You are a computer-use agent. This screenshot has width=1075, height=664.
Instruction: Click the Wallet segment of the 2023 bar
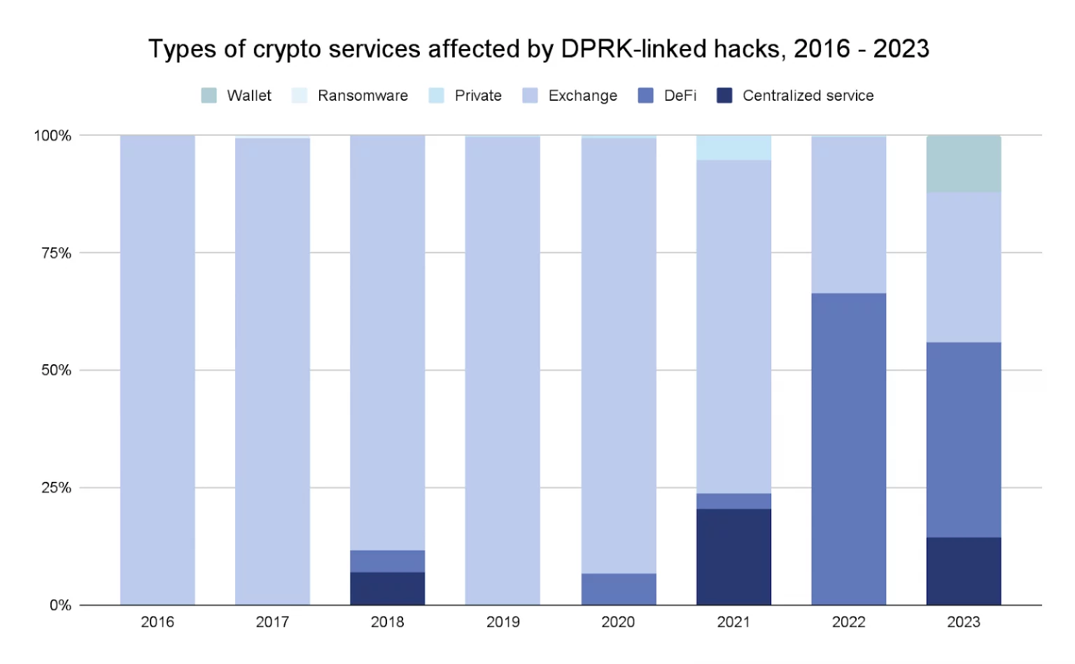pos(964,164)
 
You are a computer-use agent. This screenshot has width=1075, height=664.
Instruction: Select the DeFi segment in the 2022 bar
pos(848,448)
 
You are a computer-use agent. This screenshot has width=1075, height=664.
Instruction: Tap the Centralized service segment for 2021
pos(733,557)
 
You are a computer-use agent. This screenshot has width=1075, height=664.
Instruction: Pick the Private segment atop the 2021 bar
pos(733,148)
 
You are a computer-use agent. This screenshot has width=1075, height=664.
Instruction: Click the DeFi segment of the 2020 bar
pos(619,589)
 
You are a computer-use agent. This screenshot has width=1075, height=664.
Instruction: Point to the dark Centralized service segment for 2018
pos(387,588)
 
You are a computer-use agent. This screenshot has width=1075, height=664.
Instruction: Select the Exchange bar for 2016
pos(157,370)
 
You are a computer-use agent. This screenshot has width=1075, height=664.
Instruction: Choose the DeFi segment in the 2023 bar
pos(964,440)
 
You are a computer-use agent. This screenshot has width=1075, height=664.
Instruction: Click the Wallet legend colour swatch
pos(209,95)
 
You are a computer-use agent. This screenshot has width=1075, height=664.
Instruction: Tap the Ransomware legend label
pos(363,95)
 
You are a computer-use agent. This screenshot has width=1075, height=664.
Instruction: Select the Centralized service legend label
pos(808,95)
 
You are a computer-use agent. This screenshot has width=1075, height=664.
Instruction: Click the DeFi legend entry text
pos(680,95)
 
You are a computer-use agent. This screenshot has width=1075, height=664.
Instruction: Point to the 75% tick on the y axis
pos(56,253)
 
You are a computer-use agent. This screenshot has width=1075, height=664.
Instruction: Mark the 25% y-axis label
pos(56,487)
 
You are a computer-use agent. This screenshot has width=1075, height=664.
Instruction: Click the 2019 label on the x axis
pos(503,622)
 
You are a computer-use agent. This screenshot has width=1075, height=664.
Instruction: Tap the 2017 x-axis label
pos(272,622)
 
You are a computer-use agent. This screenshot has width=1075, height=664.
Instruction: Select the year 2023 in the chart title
pos(901,49)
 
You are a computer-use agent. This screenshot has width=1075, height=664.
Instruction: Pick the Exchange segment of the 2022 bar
pos(848,214)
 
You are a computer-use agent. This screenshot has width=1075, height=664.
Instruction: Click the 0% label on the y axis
pos(60,605)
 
